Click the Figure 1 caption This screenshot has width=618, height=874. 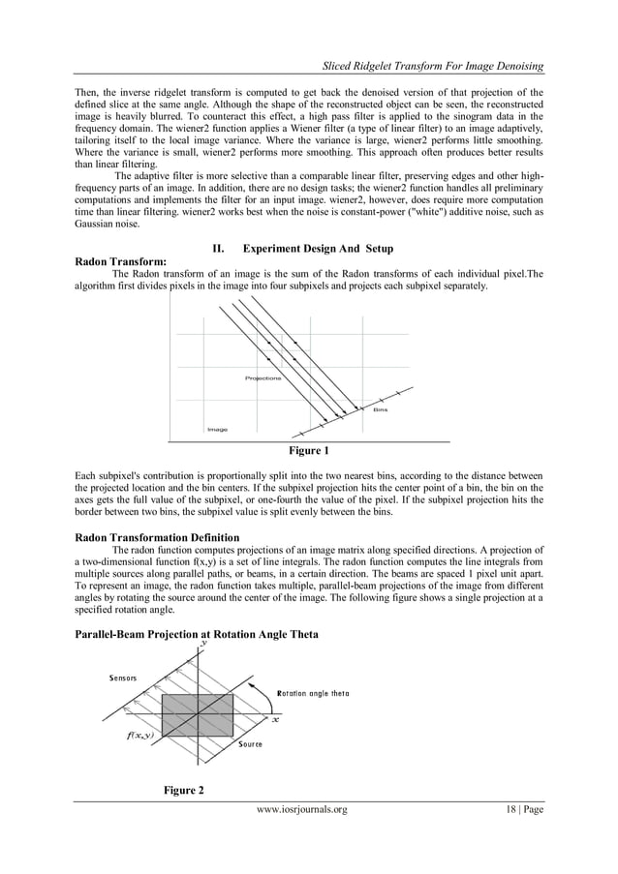(309, 451)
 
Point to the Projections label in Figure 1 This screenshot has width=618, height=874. (263, 378)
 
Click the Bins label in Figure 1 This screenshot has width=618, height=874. (381, 410)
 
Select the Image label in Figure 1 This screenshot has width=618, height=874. (217, 429)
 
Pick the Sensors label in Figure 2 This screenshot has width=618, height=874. (123, 678)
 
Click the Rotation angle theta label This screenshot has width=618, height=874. (313, 693)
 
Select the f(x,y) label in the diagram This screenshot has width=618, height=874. (140, 735)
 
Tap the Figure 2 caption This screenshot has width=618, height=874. (183, 792)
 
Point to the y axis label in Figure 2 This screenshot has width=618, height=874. (202, 643)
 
